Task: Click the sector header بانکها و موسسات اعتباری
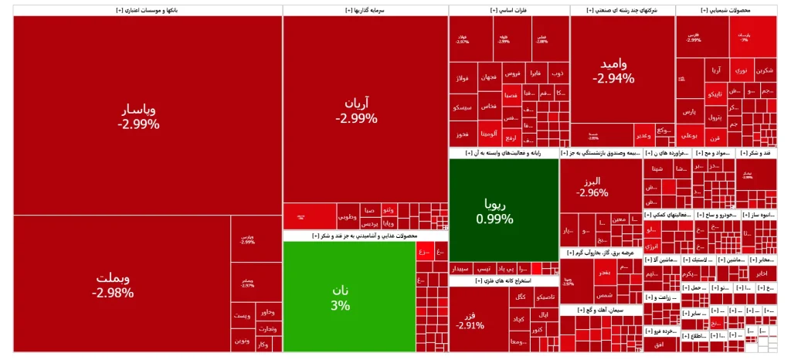[147, 10]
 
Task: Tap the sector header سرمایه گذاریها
[365, 10]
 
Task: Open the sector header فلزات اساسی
[508, 10]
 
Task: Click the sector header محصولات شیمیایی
[725, 10]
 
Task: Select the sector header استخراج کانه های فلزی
[502, 281]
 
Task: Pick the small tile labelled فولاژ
[463, 78]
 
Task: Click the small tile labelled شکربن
[764, 70]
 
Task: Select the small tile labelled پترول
[714, 118]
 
